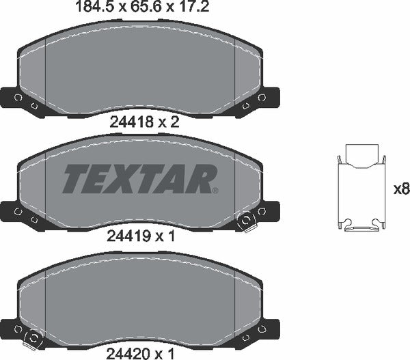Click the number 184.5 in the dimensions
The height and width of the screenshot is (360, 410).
click(x=90, y=9)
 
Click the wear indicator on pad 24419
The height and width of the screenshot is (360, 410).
click(x=245, y=220)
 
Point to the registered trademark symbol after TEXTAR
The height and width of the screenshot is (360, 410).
click(x=215, y=191)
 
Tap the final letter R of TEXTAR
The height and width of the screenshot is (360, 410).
click(x=199, y=180)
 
